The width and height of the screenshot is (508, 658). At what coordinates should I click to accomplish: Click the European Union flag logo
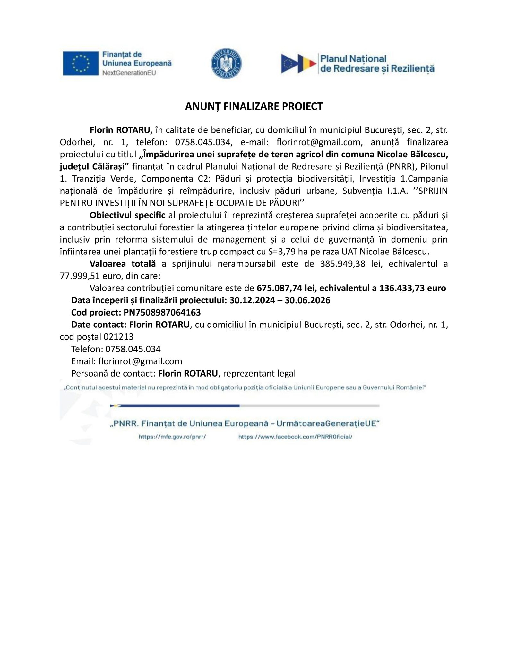(80, 63)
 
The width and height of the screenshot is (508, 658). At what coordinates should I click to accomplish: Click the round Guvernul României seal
(226, 63)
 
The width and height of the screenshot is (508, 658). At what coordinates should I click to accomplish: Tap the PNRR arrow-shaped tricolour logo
(298, 63)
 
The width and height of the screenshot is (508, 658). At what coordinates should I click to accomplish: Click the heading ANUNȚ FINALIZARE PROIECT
(254, 106)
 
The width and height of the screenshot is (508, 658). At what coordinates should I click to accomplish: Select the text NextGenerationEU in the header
(129, 73)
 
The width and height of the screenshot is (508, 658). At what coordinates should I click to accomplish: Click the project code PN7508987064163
(162, 312)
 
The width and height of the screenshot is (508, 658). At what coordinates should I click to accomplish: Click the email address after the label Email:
(140, 361)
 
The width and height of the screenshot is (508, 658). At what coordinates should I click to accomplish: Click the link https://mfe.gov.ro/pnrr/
(172, 437)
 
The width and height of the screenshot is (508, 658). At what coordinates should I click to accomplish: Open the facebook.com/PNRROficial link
(295, 437)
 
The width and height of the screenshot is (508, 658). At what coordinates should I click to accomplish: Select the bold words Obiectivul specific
(127, 215)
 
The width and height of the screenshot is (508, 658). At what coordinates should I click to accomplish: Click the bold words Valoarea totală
(123, 264)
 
